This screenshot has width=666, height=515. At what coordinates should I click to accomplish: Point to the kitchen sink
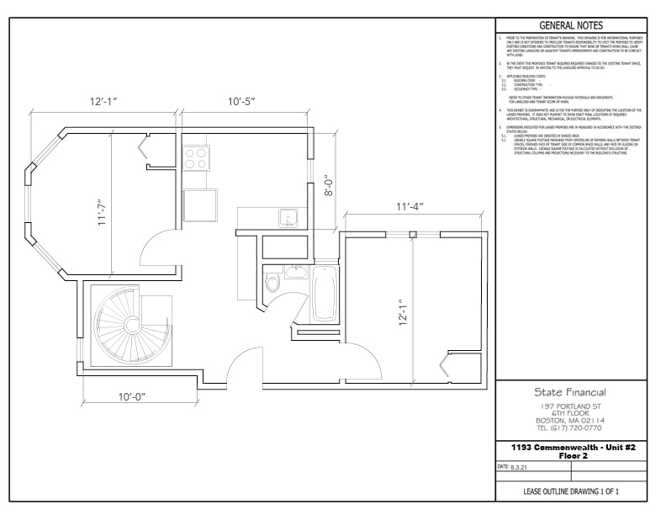tap(288, 217)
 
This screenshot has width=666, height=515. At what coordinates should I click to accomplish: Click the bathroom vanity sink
tap(293, 270)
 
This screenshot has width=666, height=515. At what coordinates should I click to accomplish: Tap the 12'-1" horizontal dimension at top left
tap(103, 101)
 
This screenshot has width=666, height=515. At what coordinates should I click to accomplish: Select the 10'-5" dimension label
tap(241, 101)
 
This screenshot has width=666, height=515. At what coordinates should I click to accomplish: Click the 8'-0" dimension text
tap(330, 184)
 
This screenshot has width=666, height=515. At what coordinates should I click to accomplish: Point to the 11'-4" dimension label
tap(410, 206)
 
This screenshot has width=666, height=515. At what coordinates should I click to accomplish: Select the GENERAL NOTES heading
tap(571, 26)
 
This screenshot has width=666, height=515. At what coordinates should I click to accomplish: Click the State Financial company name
tap(570, 392)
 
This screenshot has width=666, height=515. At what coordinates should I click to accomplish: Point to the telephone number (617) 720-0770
tap(570, 427)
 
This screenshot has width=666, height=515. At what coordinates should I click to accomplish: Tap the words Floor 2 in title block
tap(571, 454)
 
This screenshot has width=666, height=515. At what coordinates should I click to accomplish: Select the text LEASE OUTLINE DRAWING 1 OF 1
tap(571, 490)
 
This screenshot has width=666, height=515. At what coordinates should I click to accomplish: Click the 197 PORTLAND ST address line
tap(570, 406)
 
